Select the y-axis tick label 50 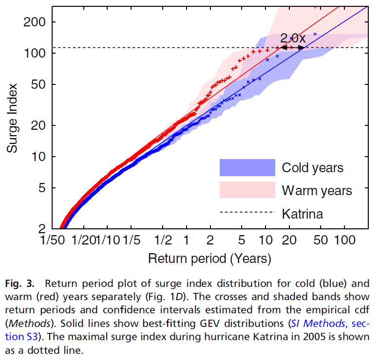click(x=40, y=84)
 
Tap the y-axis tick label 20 click(x=40, y=125)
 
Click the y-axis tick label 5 click(x=44, y=188)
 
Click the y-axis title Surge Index click(x=13, y=118)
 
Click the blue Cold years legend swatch click(x=247, y=167)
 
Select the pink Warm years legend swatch click(x=247, y=190)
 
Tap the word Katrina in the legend click(x=302, y=213)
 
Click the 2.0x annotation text click(x=293, y=38)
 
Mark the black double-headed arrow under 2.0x click(x=292, y=47)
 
